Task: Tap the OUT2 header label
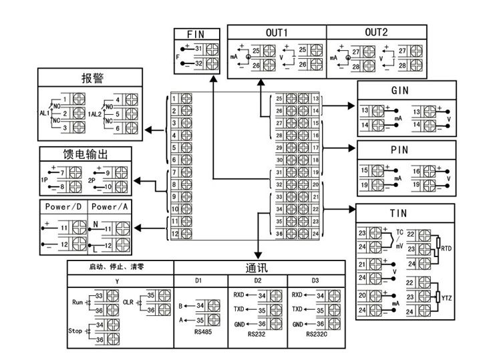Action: [x=376, y=33]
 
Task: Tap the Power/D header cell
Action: [x=63, y=207]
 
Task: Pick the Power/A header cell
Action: [x=110, y=207]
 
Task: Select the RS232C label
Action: [x=317, y=334]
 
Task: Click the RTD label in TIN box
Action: [x=447, y=247]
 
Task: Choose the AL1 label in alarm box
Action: [x=45, y=114]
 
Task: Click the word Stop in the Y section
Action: [x=75, y=331]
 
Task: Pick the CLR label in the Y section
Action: [x=128, y=301]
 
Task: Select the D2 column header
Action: [x=259, y=281]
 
